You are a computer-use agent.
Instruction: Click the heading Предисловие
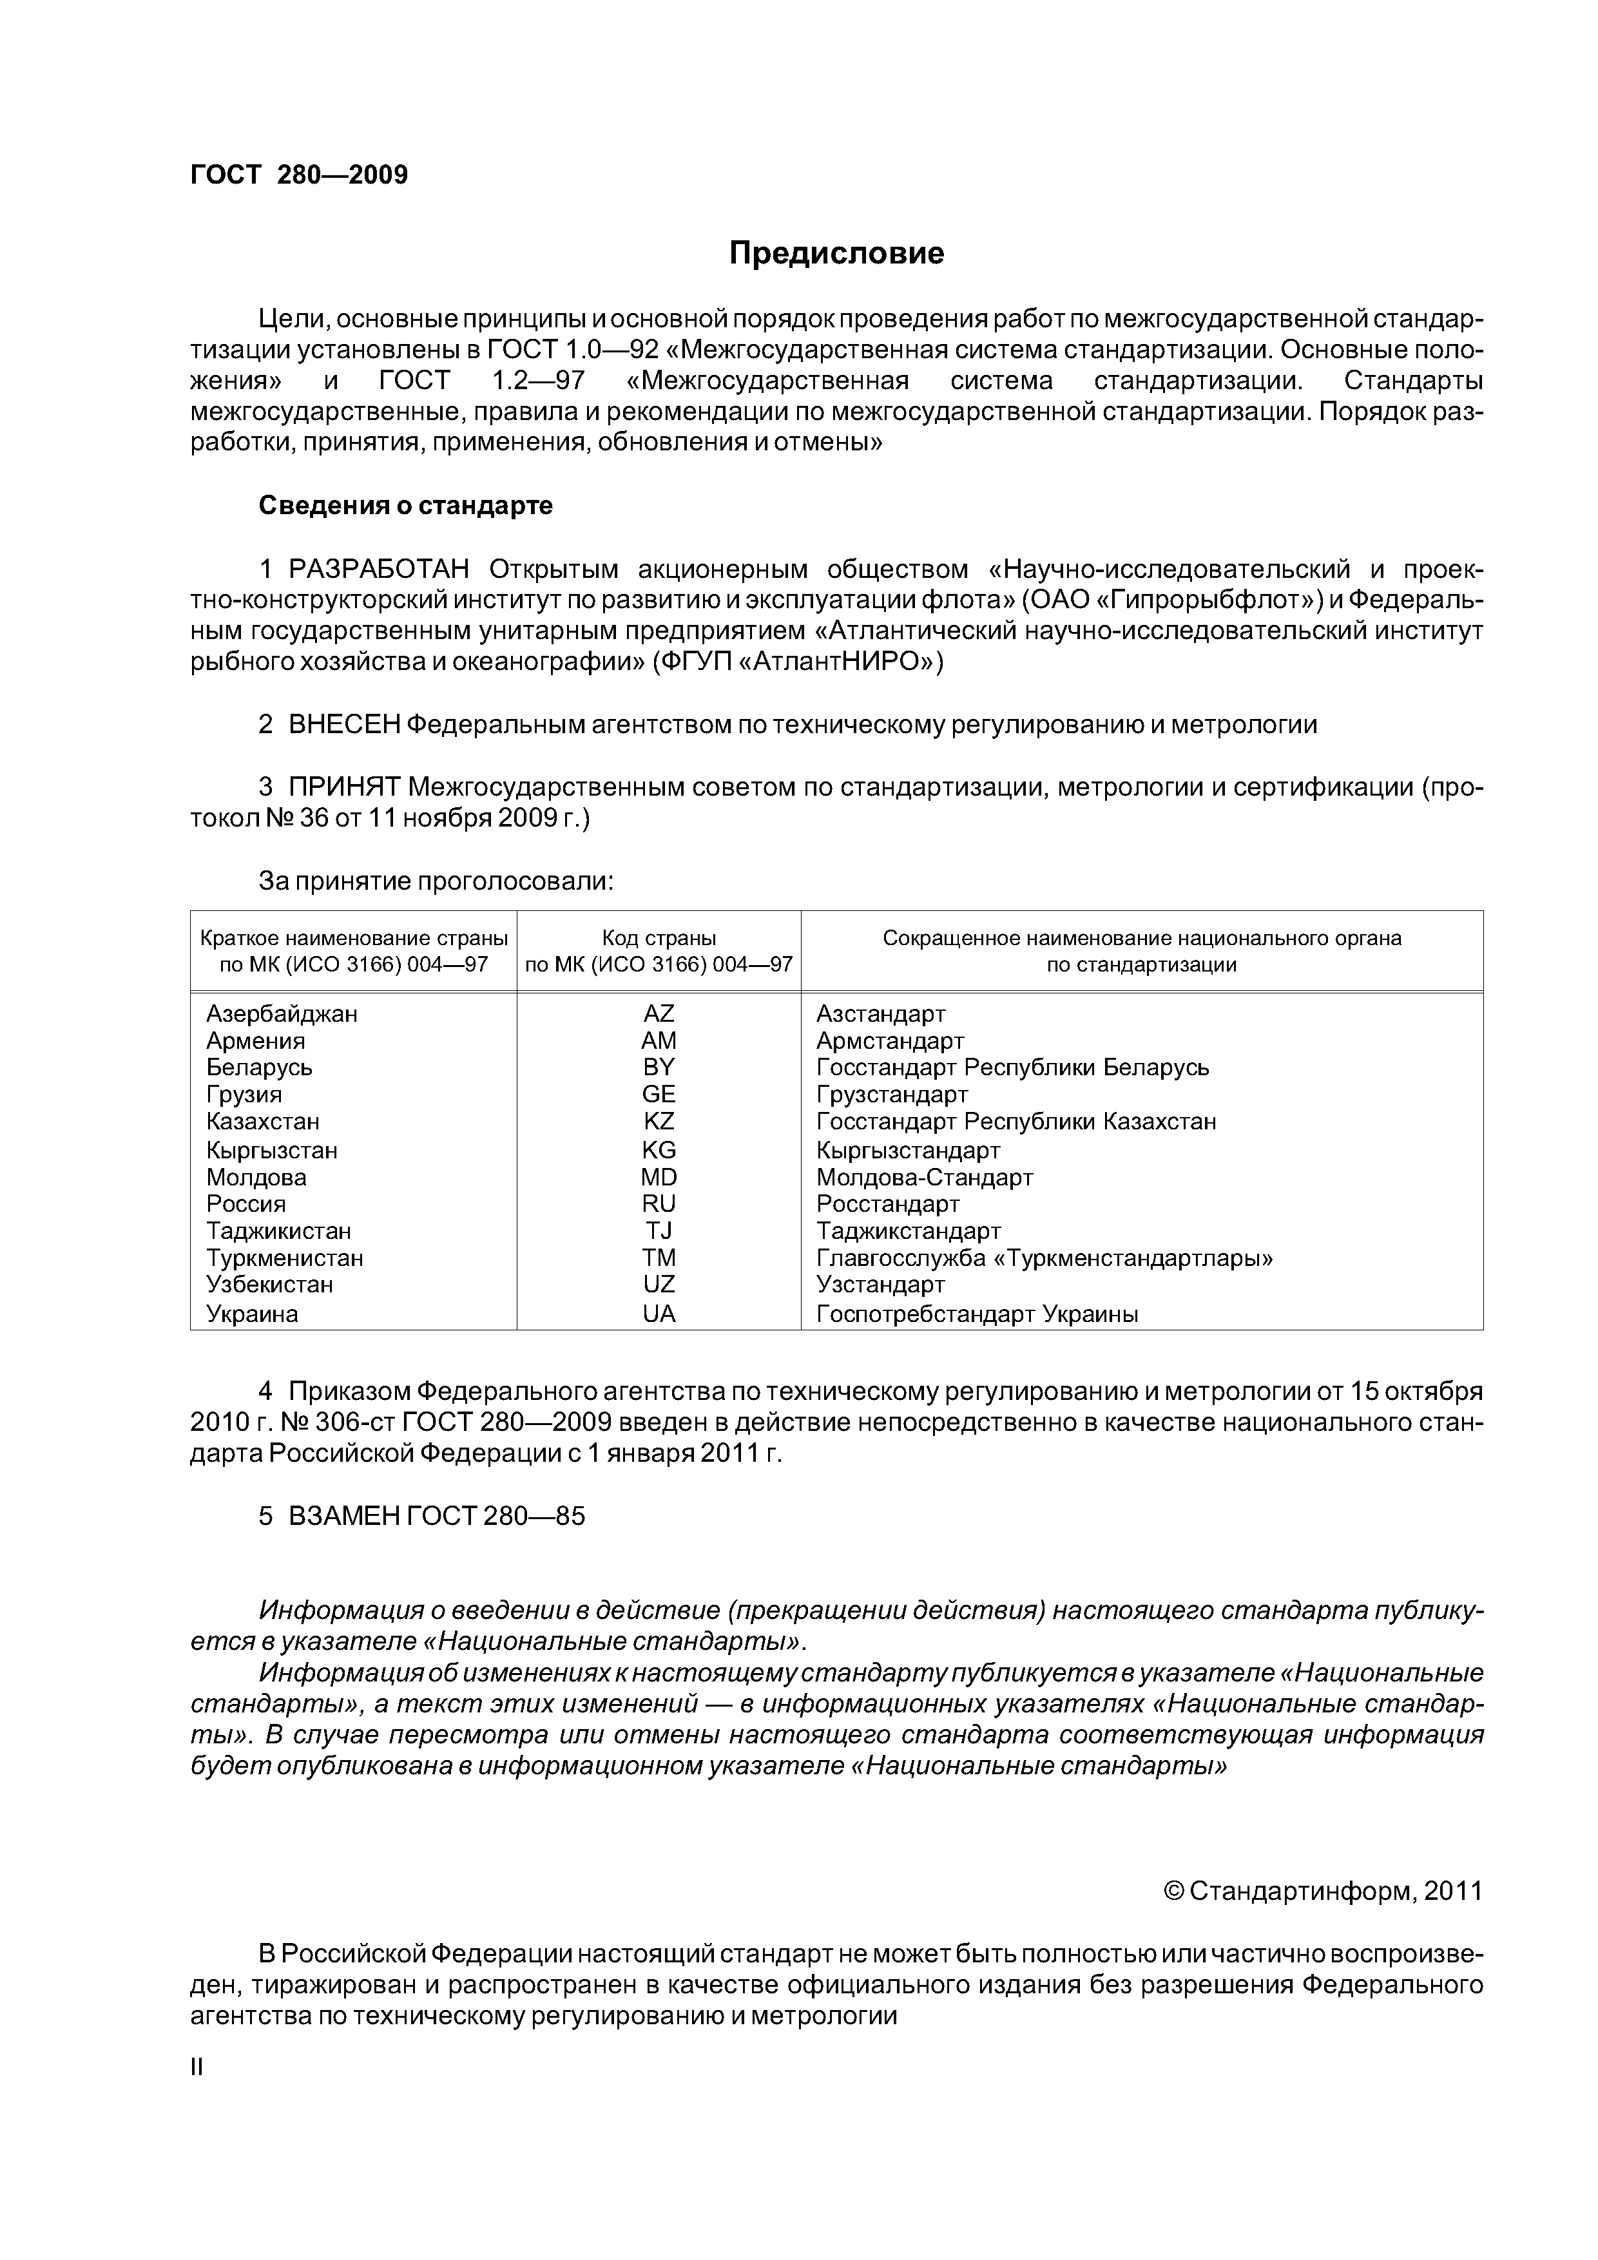point(836,254)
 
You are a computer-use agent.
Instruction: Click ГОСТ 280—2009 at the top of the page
point(298,175)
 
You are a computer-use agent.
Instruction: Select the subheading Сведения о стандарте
point(406,506)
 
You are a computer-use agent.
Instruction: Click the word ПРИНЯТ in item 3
point(343,787)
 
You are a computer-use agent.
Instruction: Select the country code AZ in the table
point(659,1014)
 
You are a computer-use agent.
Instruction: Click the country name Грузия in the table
point(244,1095)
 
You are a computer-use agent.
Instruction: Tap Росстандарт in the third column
point(887,1204)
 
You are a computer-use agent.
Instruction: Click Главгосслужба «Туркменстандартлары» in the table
point(1044,1258)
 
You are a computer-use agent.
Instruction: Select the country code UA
point(659,1314)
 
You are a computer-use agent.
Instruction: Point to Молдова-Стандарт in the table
point(925,1177)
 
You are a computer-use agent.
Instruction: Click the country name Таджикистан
point(278,1231)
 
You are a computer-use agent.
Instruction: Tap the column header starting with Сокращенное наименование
point(1141,951)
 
